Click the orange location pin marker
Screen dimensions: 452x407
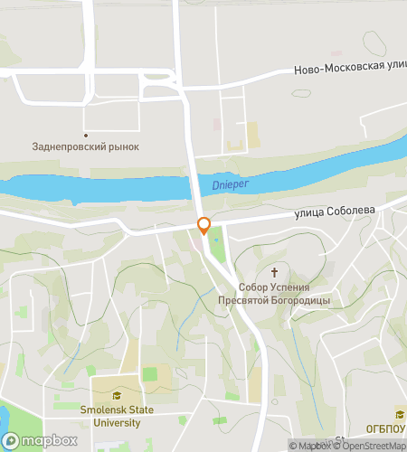(x=204, y=227)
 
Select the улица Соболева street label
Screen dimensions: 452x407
(x=334, y=212)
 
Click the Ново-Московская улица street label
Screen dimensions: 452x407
(x=349, y=70)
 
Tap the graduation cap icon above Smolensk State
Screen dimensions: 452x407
(x=115, y=396)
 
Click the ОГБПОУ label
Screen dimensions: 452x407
(x=385, y=429)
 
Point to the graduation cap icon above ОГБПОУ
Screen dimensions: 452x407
(x=398, y=414)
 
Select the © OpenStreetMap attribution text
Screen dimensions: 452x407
(x=369, y=445)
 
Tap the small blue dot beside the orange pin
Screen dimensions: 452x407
(x=215, y=240)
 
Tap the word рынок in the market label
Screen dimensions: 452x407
(x=122, y=146)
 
